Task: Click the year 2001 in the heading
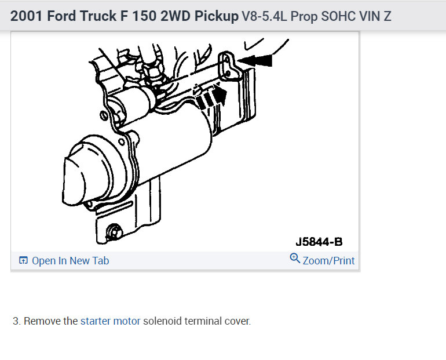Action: [x=27, y=16]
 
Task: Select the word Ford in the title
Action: [x=61, y=16]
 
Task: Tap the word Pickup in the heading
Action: [x=217, y=16]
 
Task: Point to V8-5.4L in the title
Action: [x=264, y=16]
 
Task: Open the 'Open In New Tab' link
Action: [x=70, y=261]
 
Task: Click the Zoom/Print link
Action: [x=328, y=261]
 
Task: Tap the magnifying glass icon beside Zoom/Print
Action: [x=295, y=259]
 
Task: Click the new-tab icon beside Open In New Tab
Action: [x=23, y=260]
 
